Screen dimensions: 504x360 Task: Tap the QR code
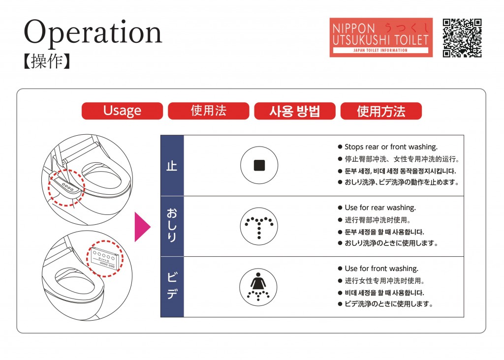click(462, 38)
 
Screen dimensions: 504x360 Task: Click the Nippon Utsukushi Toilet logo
click(381, 37)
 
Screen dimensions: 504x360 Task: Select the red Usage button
click(122, 111)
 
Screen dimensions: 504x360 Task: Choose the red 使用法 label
click(208, 111)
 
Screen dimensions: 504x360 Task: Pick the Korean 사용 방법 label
click(295, 111)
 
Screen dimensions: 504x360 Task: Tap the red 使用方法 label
click(381, 111)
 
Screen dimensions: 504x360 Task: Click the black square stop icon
click(259, 165)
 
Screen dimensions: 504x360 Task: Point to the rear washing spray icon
click(259, 226)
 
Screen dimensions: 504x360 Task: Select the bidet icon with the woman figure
click(258, 287)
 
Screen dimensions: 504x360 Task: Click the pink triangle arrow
click(142, 227)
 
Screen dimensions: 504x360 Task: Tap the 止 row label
click(172, 166)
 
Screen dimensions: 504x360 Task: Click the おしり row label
click(172, 225)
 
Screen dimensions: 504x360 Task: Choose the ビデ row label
click(172, 286)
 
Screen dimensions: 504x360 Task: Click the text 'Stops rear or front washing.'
click(391, 147)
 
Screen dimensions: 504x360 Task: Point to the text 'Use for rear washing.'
click(380, 208)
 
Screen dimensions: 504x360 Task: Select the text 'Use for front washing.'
click(381, 268)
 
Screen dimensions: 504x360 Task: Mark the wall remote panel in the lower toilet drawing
click(106, 259)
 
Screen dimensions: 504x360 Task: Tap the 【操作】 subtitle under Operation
click(47, 61)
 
